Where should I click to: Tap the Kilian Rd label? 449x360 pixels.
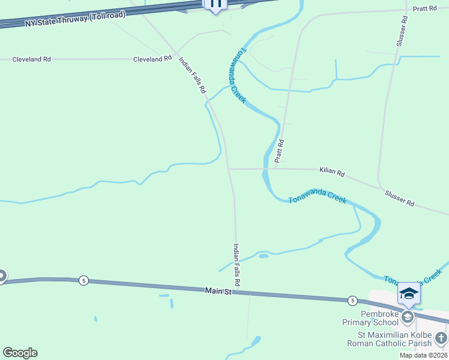click(332, 172)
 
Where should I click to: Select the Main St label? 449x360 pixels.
click(217, 291)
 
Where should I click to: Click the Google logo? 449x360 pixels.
click(20, 353)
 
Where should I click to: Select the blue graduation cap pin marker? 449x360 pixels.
click(409, 293)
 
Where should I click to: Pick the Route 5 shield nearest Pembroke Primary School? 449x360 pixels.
click(352, 300)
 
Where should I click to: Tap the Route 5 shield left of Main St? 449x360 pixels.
click(83, 280)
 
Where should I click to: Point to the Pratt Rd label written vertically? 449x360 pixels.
click(279, 151)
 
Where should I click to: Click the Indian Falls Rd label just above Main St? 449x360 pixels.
click(237, 264)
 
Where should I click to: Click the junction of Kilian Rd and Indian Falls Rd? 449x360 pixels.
click(229, 169)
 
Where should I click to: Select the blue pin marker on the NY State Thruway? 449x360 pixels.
click(215, 4)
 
